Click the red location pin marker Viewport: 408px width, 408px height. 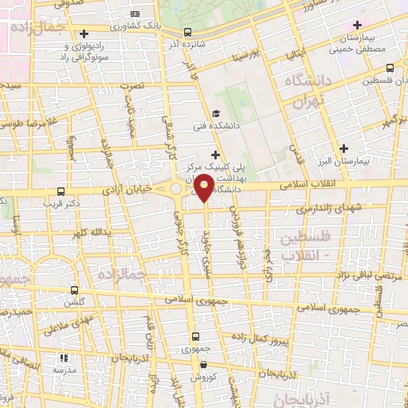[204, 188]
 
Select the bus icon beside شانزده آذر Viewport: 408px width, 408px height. [187, 33]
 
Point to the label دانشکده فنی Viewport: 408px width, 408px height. [214, 126]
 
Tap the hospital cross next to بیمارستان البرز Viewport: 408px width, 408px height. [343, 147]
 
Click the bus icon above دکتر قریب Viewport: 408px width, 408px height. [61, 191]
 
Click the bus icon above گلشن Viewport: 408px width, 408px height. [75, 290]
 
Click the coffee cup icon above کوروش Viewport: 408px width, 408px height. [202, 365]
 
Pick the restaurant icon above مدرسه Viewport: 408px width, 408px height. [65, 359]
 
